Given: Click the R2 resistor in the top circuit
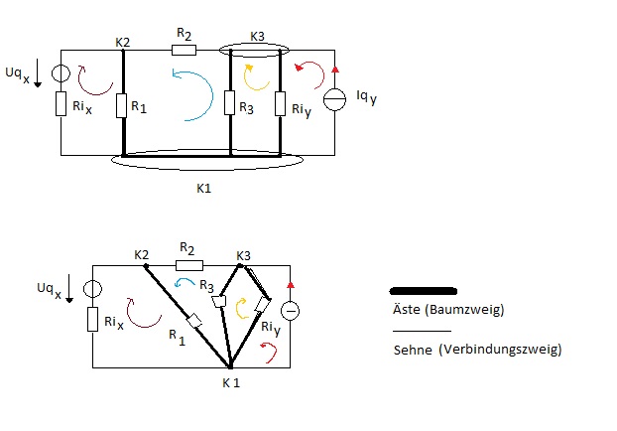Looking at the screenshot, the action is pyautogui.click(x=184, y=50).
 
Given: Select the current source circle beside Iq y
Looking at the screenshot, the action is pyautogui.click(x=334, y=99).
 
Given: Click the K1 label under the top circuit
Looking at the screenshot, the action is pyautogui.click(x=203, y=189).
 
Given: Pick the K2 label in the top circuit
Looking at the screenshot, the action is pyautogui.click(x=122, y=42).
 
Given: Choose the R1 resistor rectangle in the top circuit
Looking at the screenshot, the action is pyautogui.click(x=121, y=105).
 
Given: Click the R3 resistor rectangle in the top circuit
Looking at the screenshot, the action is pyautogui.click(x=229, y=103).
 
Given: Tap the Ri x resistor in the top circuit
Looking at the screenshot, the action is pyautogui.click(x=61, y=103).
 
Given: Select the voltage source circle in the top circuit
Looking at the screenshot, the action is pyautogui.click(x=61, y=73).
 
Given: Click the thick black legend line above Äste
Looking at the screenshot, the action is pyautogui.click(x=423, y=291).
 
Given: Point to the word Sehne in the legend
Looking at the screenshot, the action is pyautogui.click(x=413, y=350).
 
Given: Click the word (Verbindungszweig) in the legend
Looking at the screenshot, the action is pyautogui.click(x=500, y=349).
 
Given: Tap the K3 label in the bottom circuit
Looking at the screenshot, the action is pyautogui.click(x=243, y=256).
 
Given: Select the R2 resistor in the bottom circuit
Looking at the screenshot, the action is pyautogui.click(x=189, y=265).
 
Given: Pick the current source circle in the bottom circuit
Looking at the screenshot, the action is pyautogui.click(x=290, y=311).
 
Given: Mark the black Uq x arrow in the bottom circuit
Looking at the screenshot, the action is pyautogui.click(x=69, y=289).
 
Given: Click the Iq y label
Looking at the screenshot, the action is pyautogui.click(x=366, y=97).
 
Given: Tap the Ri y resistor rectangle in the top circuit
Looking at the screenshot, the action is pyautogui.click(x=280, y=103).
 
